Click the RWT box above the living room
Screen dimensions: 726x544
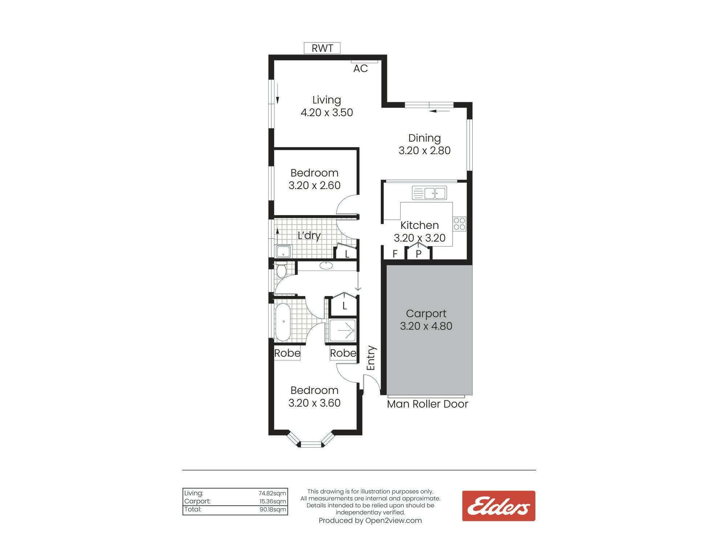322,48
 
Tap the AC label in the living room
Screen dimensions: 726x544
360,69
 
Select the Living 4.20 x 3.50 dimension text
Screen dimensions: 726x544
327,112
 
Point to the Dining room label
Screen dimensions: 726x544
424,138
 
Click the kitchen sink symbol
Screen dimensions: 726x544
429,193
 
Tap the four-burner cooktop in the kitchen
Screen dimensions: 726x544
459,224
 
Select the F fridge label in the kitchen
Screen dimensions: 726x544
395,254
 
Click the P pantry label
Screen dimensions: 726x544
419,254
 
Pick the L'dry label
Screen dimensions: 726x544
309,236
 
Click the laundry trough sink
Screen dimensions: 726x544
284,251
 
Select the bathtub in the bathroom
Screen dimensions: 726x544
283,322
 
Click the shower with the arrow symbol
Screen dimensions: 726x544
342,330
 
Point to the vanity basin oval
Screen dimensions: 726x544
326,265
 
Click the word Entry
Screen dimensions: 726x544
371,358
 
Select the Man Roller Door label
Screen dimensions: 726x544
428,404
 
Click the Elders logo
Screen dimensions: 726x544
498,506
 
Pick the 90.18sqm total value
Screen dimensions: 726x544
273,509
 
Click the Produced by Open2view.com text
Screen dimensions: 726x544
370,520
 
